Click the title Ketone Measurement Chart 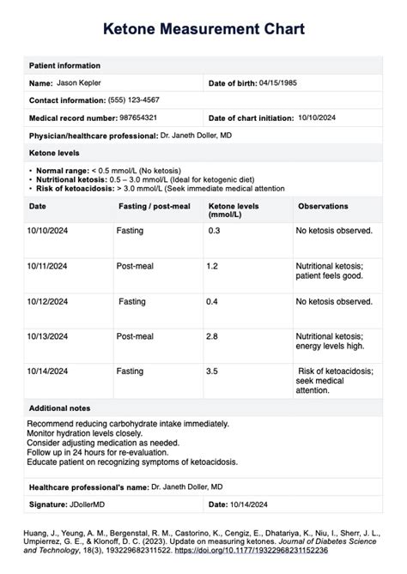click(203, 30)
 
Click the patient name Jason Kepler click(80, 83)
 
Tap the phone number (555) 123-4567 click(140, 100)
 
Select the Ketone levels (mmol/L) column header click(233, 211)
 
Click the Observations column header click(323, 207)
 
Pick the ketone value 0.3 click(214, 231)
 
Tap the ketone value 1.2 click(213, 266)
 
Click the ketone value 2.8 click(213, 336)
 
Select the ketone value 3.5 click(213, 372)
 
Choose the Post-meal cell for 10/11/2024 click(135, 266)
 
